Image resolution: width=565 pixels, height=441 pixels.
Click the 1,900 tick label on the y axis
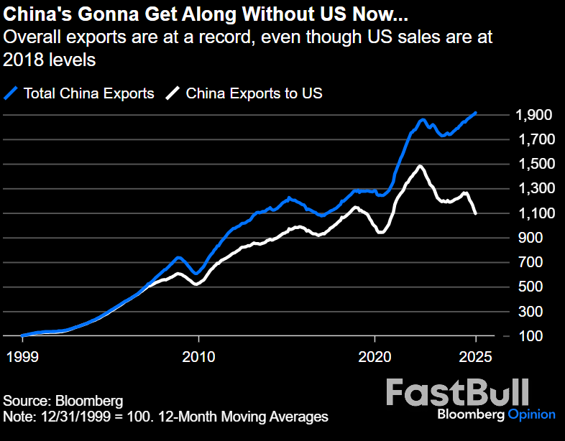[x=533, y=115]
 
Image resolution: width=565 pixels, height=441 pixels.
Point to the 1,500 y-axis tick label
[x=533, y=164]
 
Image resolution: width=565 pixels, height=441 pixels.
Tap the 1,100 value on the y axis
[x=533, y=213]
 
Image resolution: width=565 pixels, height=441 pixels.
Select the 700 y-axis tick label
[x=538, y=262]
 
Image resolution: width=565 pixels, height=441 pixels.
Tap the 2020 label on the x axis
[x=375, y=356]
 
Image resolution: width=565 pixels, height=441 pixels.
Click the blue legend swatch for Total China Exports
[x=12, y=93]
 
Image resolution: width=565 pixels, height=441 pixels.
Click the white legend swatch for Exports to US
[x=173, y=93]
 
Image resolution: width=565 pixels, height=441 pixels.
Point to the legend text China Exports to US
[x=254, y=93]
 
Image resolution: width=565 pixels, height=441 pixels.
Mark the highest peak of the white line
[x=420, y=167]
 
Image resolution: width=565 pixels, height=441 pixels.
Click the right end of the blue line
[x=476, y=113]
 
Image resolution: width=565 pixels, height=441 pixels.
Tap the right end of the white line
[x=476, y=213]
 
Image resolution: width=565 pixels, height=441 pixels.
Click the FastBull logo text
[x=458, y=393]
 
